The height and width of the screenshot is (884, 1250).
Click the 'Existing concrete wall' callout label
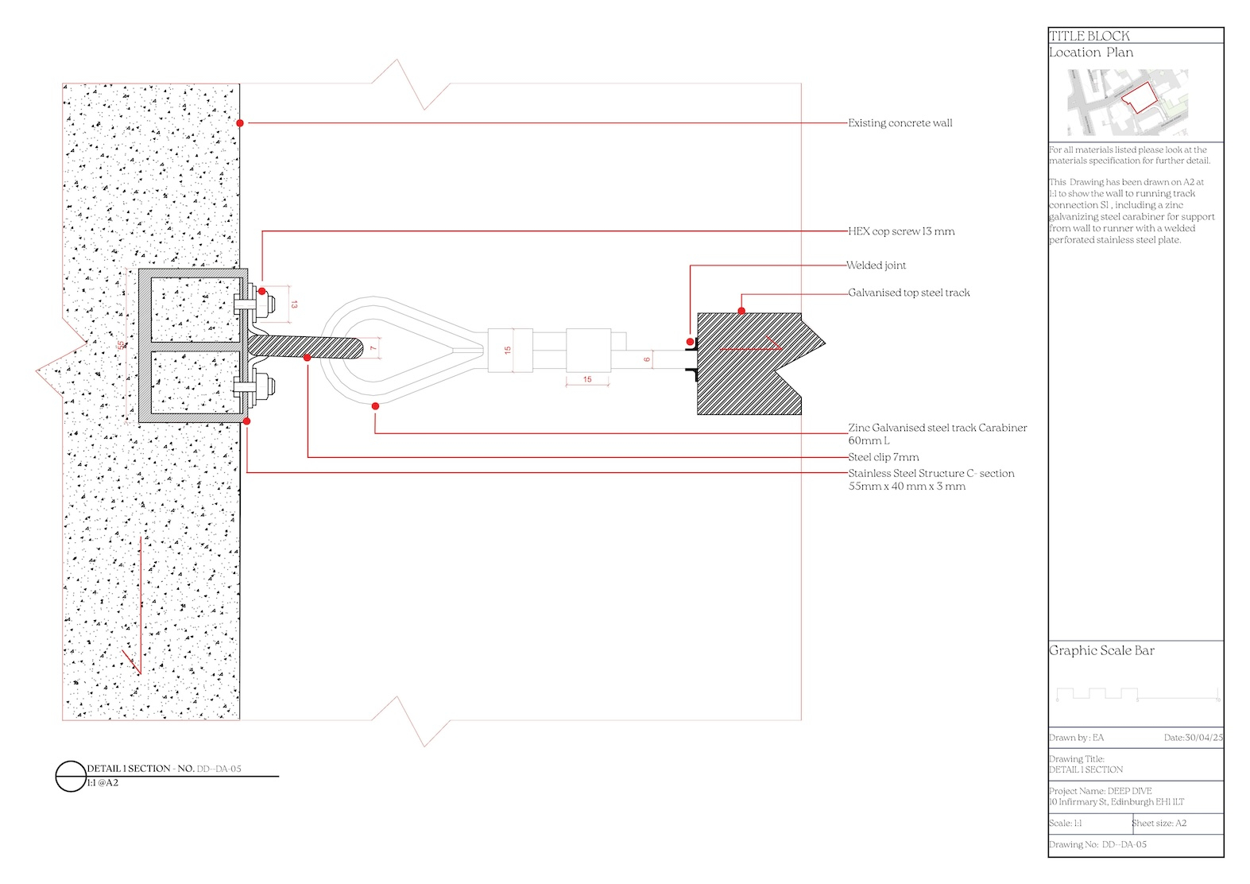pos(900,123)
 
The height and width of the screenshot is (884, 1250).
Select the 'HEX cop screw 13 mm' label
pos(901,231)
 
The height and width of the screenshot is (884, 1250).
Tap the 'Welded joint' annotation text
pos(876,266)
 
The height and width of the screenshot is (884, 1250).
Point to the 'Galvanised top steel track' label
pos(908,293)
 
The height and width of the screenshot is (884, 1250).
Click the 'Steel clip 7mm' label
pos(883,457)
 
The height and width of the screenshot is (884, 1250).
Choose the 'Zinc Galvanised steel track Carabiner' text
pos(937,428)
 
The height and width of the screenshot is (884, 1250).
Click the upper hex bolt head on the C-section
pos(266,303)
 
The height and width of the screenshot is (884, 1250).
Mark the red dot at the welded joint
pos(690,342)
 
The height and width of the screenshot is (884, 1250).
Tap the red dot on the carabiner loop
pos(375,406)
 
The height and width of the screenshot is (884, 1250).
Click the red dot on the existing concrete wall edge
pos(240,123)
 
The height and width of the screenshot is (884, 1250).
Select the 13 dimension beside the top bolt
pos(294,304)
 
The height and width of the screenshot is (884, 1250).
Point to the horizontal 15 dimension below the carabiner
pos(587,380)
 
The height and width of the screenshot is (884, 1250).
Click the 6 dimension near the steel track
pos(647,360)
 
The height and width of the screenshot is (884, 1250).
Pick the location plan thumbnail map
pos(1128,103)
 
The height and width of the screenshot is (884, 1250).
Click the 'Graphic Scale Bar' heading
pos(1101,650)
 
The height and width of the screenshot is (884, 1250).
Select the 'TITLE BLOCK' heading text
pos(1089,36)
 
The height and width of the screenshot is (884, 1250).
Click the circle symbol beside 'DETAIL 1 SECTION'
pos(71,776)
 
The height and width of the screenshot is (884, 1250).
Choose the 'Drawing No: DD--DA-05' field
pos(1097,844)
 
